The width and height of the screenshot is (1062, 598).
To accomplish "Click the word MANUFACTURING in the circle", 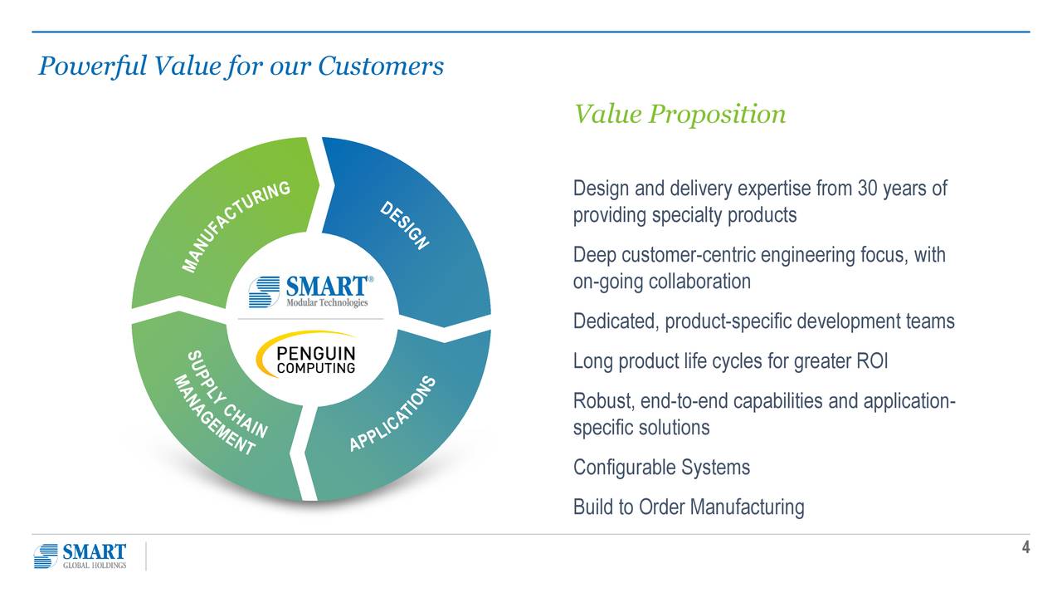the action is pyautogui.click(x=236, y=227).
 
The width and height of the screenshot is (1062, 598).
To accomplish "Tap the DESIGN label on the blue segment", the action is pyautogui.click(x=405, y=225).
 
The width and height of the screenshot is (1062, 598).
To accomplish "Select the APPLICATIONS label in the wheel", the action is pyautogui.click(x=392, y=414).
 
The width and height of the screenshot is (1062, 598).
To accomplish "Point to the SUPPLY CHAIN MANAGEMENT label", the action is pyautogui.click(x=221, y=403).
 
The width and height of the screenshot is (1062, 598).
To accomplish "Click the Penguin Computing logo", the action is pyautogui.click(x=306, y=355).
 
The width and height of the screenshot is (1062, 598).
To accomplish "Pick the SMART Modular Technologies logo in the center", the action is pyautogui.click(x=311, y=292).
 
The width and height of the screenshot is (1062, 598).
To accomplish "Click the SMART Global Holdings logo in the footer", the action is pyautogui.click(x=80, y=556).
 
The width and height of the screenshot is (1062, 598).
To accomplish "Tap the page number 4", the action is pyautogui.click(x=1025, y=547).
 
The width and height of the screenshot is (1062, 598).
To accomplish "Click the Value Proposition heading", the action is pyautogui.click(x=680, y=115).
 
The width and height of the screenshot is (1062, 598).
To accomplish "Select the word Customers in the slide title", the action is pyautogui.click(x=381, y=66).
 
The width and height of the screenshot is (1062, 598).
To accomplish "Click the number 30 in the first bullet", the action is pyautogui.click(x=867, y=189).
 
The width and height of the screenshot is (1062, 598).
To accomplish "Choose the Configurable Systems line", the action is pyautogui.click(x=661, y=468).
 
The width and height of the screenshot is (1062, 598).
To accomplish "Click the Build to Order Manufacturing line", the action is pyautogui.click(x=689, y=507).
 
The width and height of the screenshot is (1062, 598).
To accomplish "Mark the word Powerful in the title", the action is pyautogui.click(x=92, y=66).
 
